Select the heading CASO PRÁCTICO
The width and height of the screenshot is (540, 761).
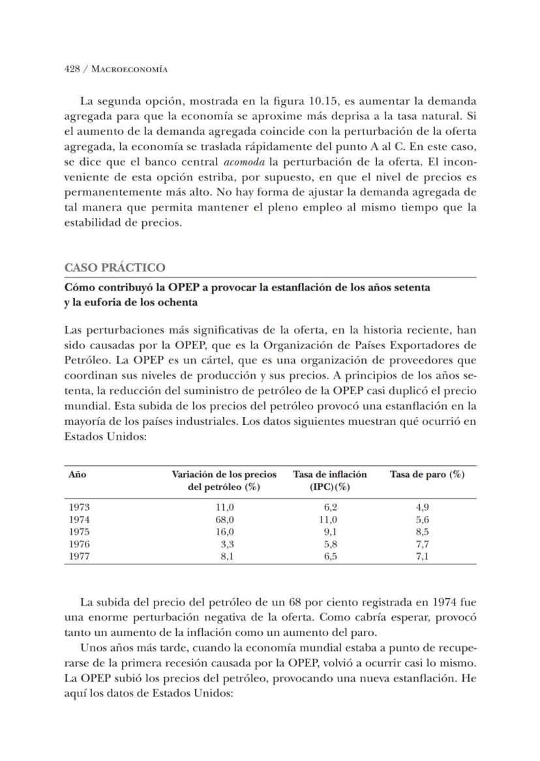pyautogui.click(x=115, y=268)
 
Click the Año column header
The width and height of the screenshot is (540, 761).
pyautogui.click(x=77, y=475)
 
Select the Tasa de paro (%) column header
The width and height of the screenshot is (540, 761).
pyautogui.click(x=427, y=475)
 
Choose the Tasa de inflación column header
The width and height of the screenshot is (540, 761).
pyautogui.click(x=329, y=475)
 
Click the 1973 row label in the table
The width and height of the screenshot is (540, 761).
pyautogui.click(x=79, y=508)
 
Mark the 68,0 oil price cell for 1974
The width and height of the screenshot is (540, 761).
pyautogui.click(x=225, y=520)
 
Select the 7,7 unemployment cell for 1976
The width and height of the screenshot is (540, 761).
pyautogui.click(x=422, y=544)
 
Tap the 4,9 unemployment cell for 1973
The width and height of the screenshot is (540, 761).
pyautogui.click(x=422, y=508)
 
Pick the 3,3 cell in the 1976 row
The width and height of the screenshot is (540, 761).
pyautogui.click(x=227, y=544)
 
